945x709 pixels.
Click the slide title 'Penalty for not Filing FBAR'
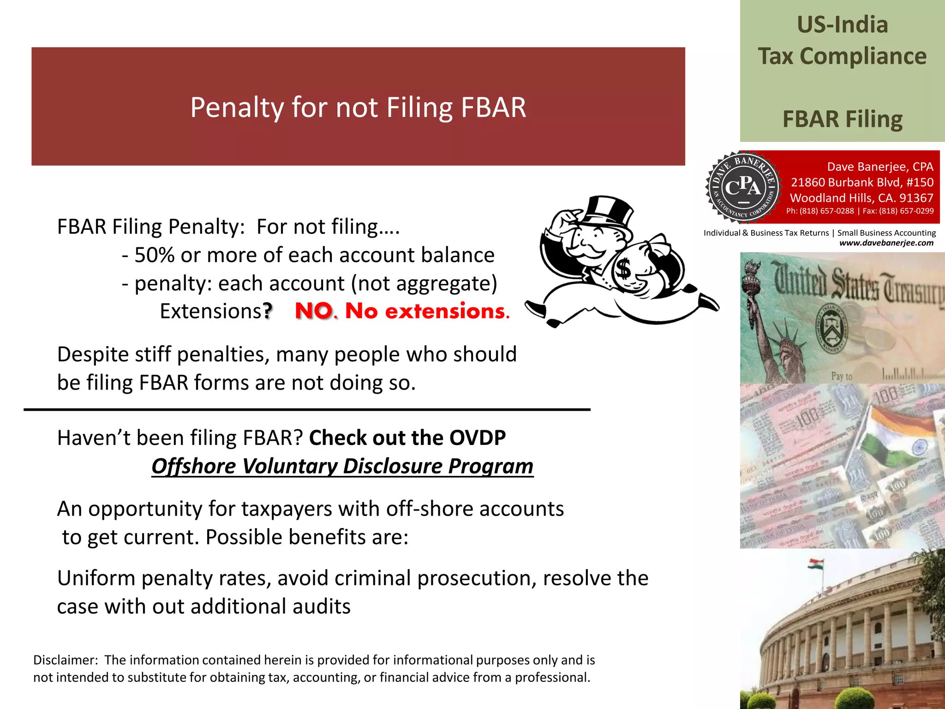(x=358, y=107)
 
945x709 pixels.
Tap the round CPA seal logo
(x=743, y=187)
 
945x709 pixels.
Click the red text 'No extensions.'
(x=427, y=311)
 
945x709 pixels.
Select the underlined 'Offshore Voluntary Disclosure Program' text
(x=342, y=466)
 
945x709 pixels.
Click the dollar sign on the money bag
(x=624, y=269)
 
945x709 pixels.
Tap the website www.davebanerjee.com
(x=886, y=243)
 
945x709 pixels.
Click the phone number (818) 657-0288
(x=826, y=211)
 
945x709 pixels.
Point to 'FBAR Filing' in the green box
(x=842, y=119)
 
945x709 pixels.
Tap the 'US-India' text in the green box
(x=842, y=25)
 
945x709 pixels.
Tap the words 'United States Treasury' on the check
(x=858, y=282)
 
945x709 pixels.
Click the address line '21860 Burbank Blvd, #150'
(x=862, y=182)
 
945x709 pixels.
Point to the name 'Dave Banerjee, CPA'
(x=880, y=167)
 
